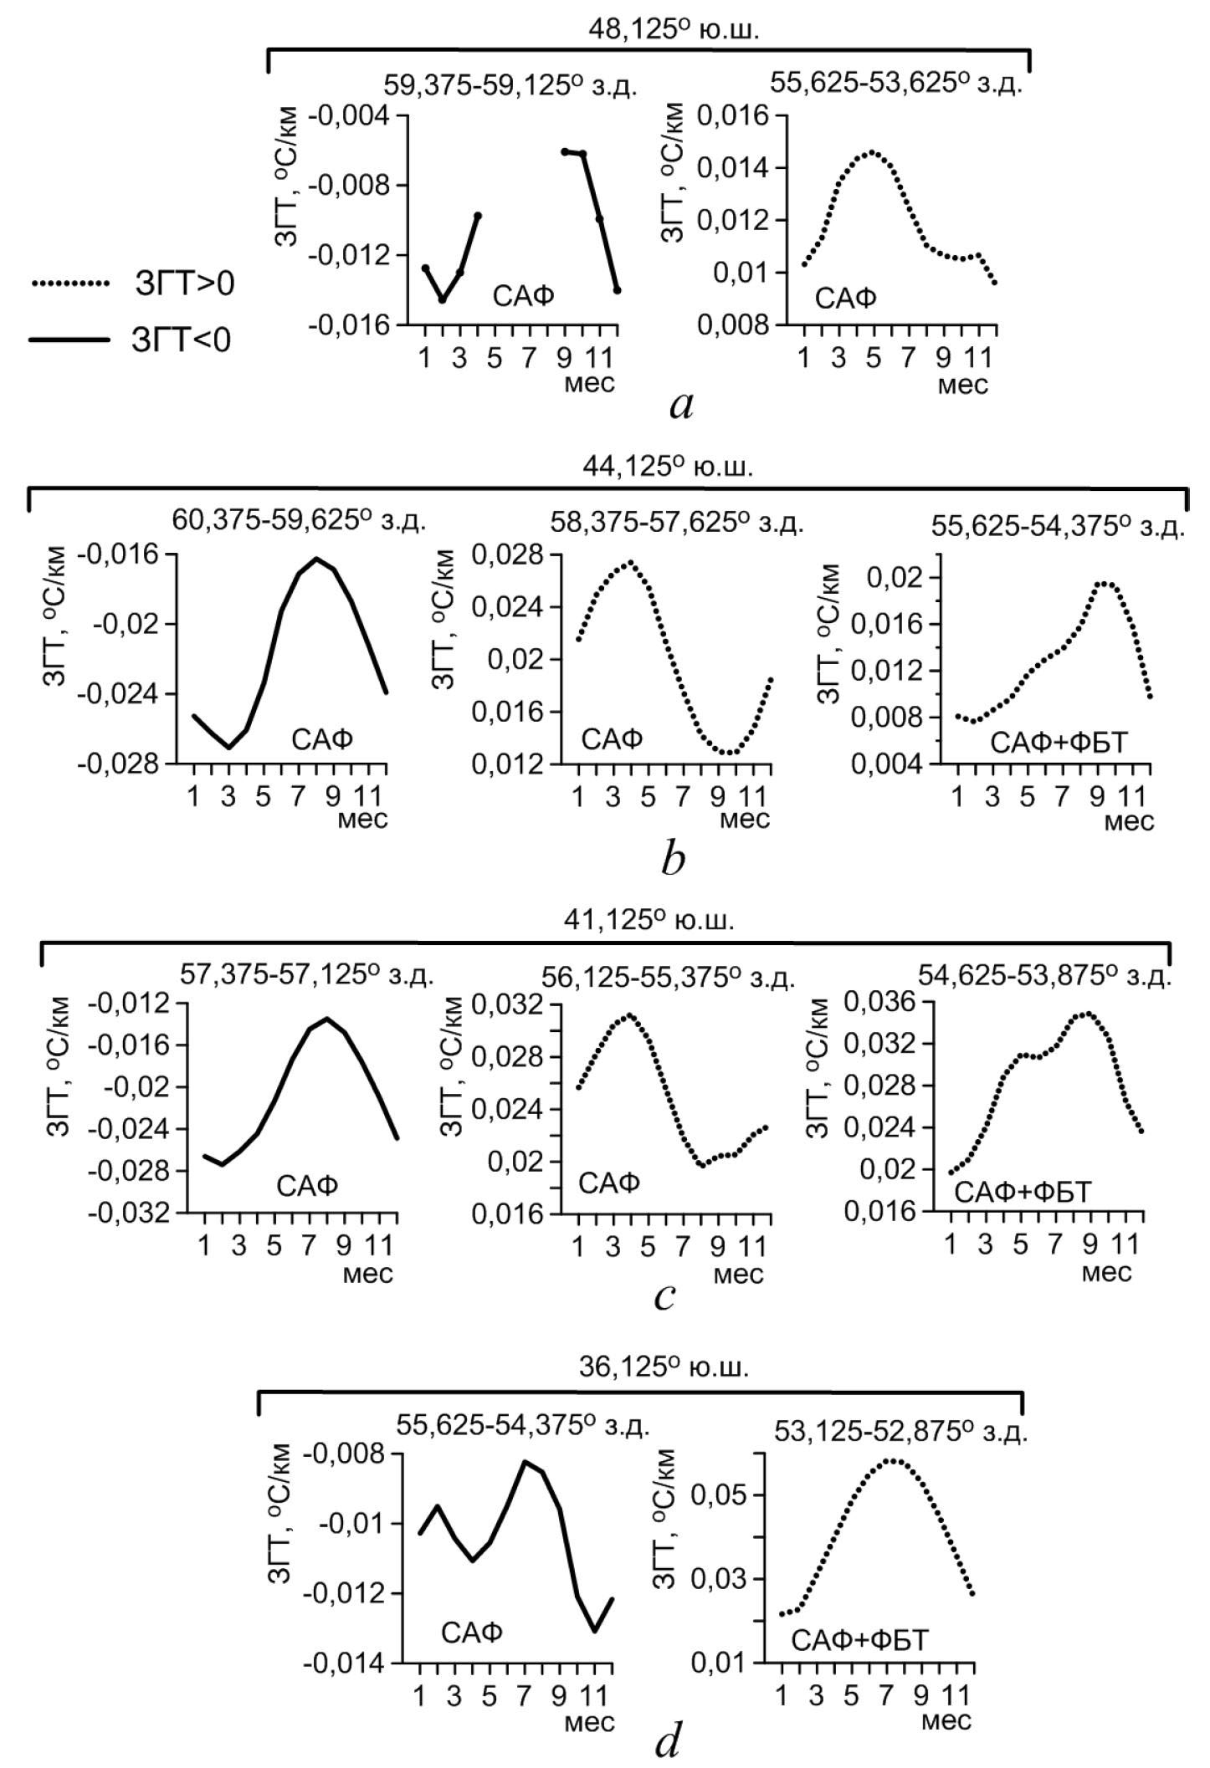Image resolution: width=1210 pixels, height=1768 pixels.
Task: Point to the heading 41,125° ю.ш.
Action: [x=649, y=920]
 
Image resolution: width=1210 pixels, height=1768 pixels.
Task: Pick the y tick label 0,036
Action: [x=878, y=1000]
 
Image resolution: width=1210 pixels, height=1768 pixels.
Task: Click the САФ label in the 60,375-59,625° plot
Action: [x=322, y=738]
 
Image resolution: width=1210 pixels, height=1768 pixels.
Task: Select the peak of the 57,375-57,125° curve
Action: [x=326, y=1018]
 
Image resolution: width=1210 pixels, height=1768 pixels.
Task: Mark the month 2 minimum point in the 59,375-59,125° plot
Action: [x=443, y=299]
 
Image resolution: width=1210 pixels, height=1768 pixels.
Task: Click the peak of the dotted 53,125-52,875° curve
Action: [x=893, y=1460]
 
